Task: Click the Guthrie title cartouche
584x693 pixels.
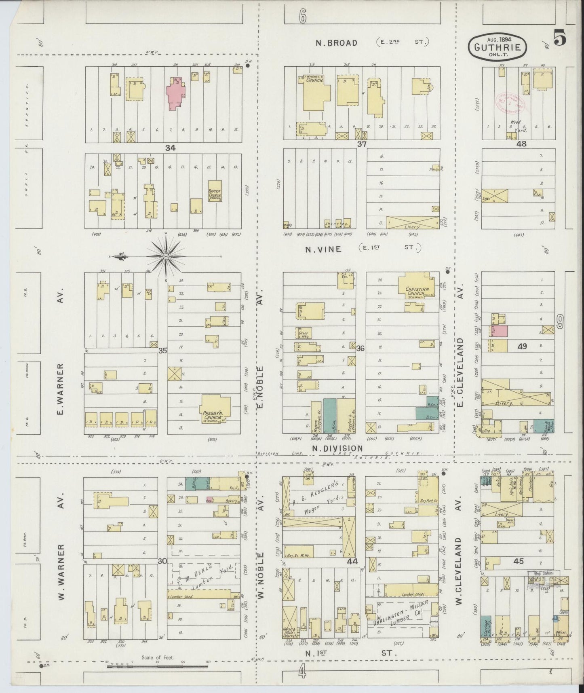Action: point(498,46)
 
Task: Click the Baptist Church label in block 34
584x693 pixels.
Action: point(214,194)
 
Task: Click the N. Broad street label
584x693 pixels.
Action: point(337,42)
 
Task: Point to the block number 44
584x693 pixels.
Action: point(352,562)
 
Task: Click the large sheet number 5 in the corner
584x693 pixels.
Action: point(559,40)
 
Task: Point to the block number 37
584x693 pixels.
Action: point(361,144)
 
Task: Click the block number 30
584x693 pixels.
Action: point(162,561)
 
